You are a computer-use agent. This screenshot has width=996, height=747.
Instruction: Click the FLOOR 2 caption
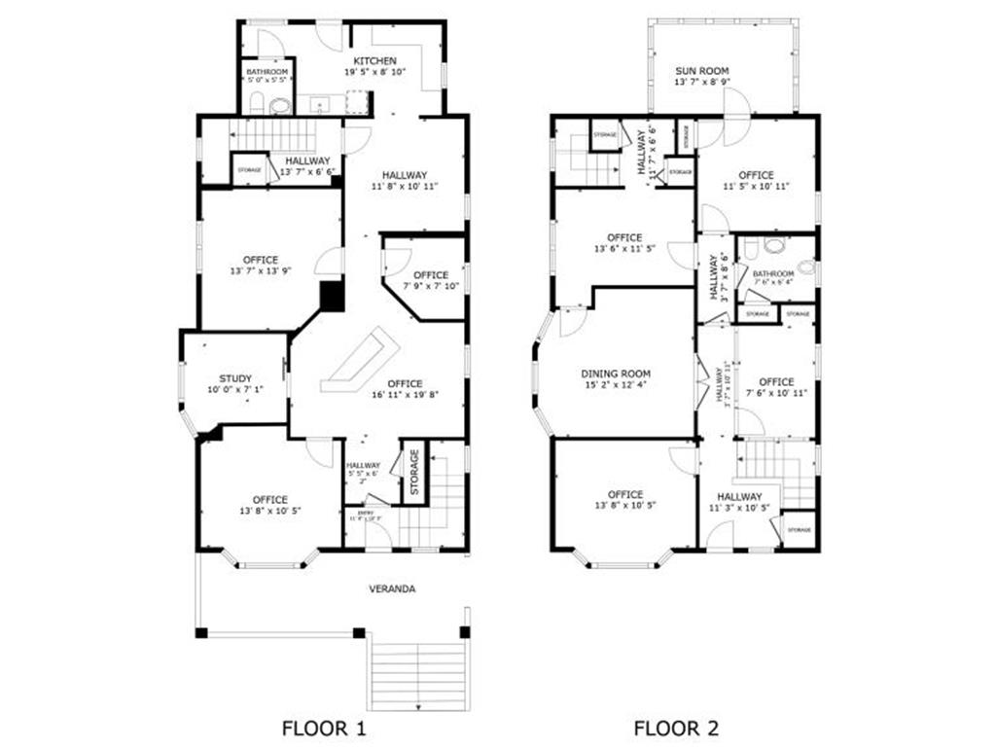pyautogui.click(x=678, y=727)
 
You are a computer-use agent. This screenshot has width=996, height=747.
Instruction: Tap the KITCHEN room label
pyautogui.click(x=374, y=61)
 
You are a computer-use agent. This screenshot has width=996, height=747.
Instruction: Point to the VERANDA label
pyautogui.click(x=392, y=588)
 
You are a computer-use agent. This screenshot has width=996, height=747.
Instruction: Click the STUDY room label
pyautogui.click(x=235, y=378)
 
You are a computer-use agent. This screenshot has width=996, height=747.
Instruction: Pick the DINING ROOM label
pyautogui.click(x=616, y=373)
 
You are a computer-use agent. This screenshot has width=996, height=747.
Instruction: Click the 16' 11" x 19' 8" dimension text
pyautogui.click(x=405, y=395)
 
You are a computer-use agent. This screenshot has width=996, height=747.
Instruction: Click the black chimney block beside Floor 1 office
pyautogui.click(x=332, y=296)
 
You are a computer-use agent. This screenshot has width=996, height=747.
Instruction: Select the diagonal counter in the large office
pyautogui.click(x=362, y=360)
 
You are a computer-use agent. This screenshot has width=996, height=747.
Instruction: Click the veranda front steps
pyautogui.click(x=417, y=676)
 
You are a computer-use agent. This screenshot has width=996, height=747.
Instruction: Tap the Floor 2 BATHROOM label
pyautogui.click(x=773, y=274)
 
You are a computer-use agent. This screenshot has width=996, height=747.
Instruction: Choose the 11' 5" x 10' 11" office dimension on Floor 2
pyautogui.click(x=756, y=186)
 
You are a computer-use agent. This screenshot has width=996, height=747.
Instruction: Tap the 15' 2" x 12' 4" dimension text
pyautogui.click(x=616, y=385)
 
